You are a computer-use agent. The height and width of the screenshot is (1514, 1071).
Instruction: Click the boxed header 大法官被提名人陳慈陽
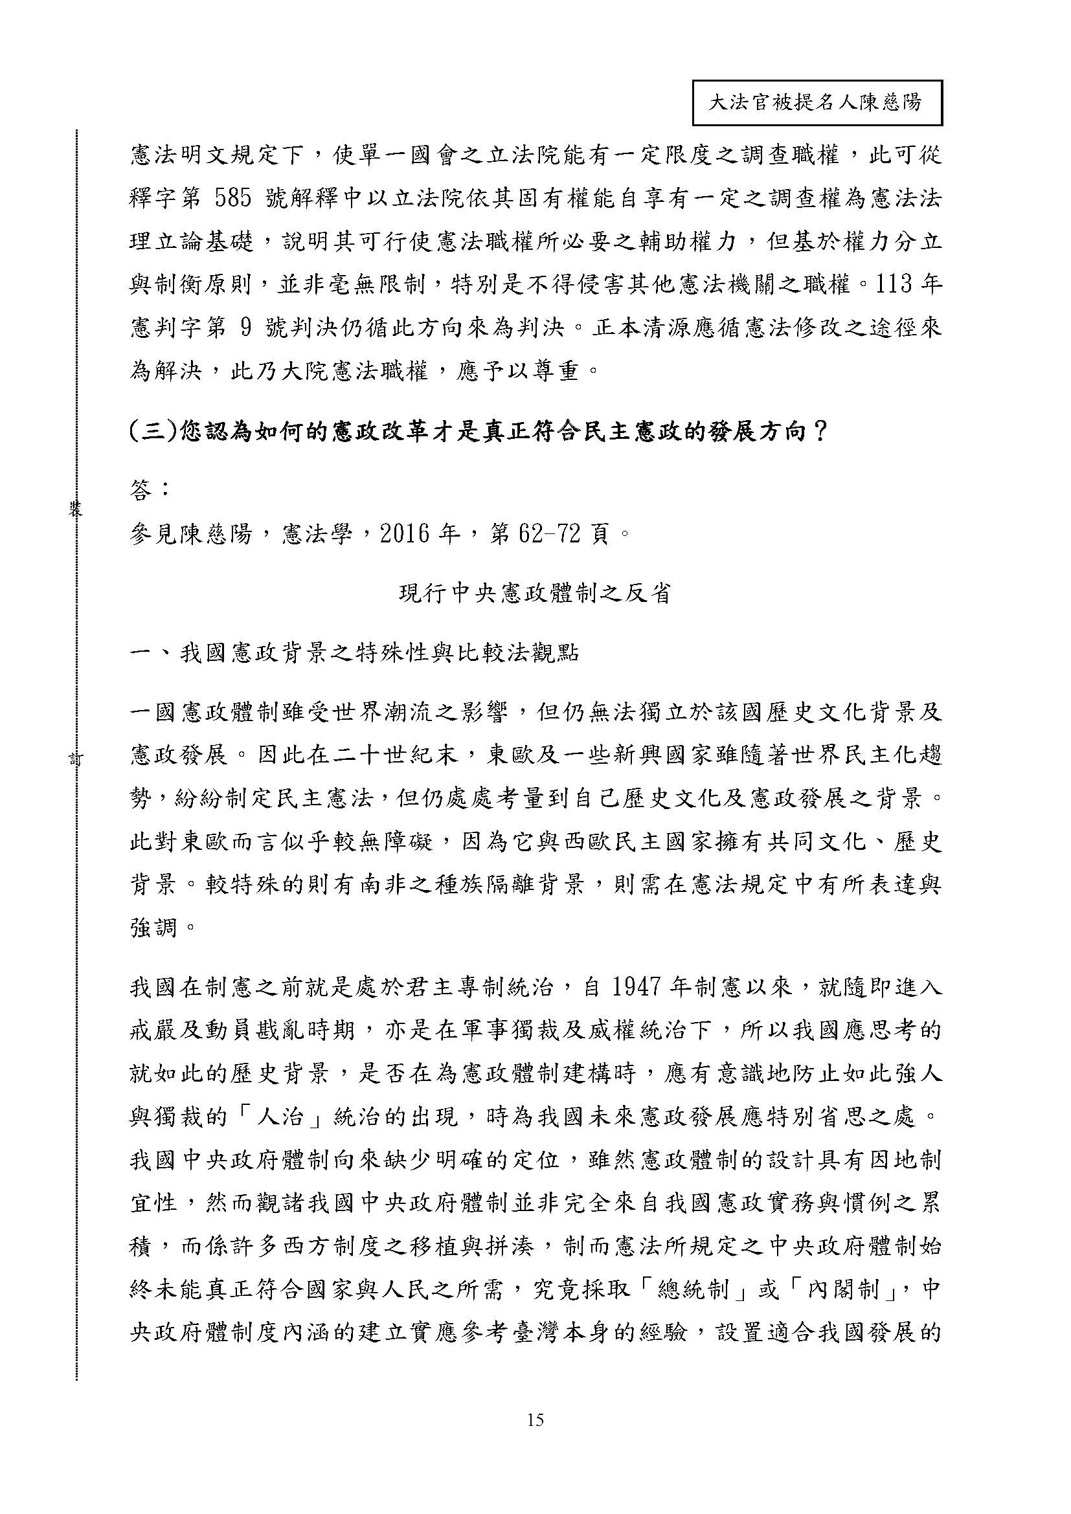pos(817,103)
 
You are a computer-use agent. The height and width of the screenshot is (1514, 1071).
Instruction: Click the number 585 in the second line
pos(234,199)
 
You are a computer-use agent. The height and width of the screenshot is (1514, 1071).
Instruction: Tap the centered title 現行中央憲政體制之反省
pos(535,594)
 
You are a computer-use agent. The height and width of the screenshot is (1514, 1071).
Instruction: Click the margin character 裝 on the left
pos(76,507)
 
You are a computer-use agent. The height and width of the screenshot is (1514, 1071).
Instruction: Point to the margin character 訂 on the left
pos(76,759)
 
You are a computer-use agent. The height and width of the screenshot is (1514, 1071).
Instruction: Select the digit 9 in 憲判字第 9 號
pos(244,328)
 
